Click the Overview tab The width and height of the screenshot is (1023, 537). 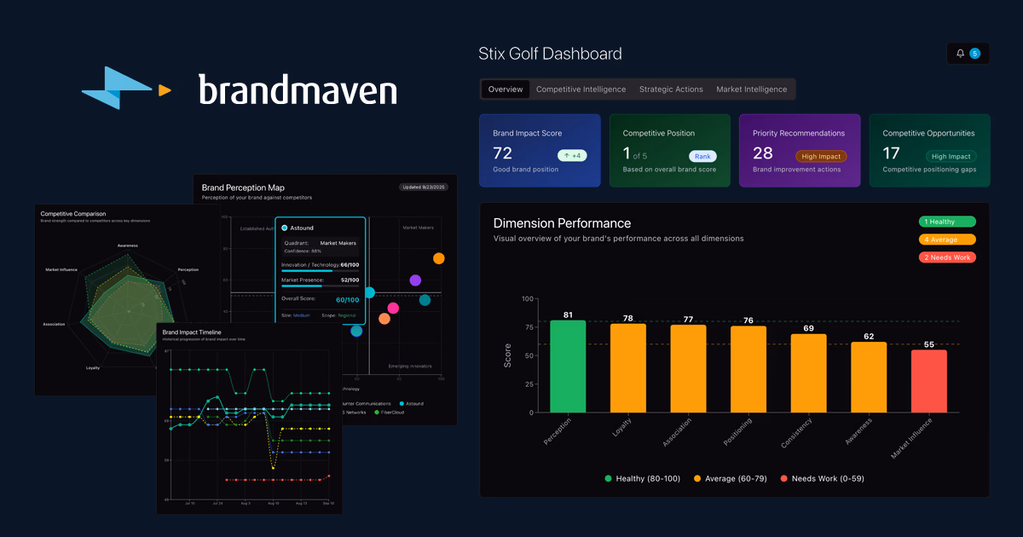click(x=506, y=89)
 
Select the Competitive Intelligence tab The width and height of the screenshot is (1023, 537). click(x=581, y=89)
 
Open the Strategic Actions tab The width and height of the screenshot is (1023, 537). click(x=671, y=89)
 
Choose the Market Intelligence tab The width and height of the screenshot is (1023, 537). click(x=751, y=89)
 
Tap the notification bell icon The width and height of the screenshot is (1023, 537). click(x=961, y=54)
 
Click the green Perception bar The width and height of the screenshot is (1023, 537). click(x=568, y=367)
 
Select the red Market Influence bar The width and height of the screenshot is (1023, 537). click(x=928, y=381)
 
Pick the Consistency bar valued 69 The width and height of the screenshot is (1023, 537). click(x=808, y=372)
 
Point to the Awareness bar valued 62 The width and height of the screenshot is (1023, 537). click(x=869, y=377)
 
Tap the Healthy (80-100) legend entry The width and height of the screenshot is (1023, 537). click(x=643, y=479)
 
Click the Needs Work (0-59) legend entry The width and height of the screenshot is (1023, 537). click(x=822, y=479)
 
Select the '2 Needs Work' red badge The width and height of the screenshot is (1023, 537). click(x=946, y=257)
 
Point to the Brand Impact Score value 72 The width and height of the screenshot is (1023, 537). click(x=503, y=153)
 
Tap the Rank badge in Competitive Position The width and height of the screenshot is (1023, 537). click(x=702, y=156)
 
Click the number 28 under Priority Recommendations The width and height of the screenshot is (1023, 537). click(x=762, y=153)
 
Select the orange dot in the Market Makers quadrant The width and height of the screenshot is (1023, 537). click(x=439, y=258)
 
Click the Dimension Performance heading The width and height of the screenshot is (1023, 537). click(x=562, y=223)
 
